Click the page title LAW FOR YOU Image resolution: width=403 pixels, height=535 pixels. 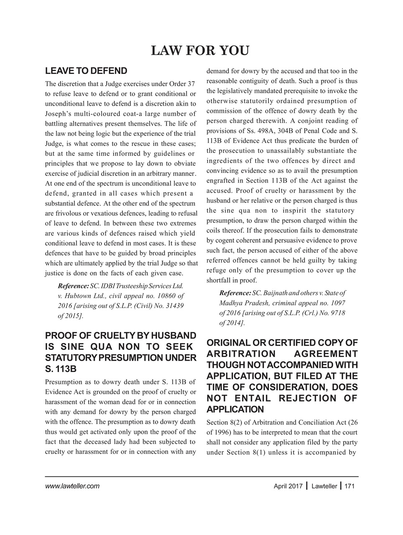click(x=200, y=51)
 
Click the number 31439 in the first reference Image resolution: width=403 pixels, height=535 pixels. click(x=174, y=306)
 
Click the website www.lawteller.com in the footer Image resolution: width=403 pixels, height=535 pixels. click(x=72, y=486)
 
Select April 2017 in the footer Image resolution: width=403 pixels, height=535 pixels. click(x=288, y=486)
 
